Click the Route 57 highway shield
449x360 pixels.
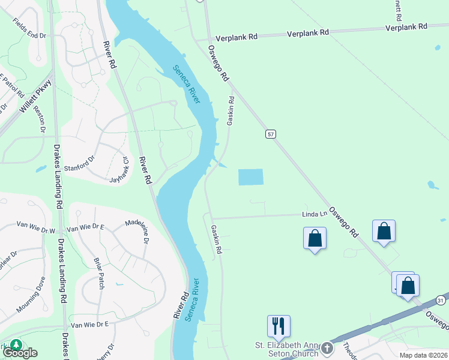pos(271,134)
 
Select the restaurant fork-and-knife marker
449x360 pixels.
pos(279,326)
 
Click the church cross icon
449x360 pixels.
pos(327,347)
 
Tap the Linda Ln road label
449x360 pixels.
pos(315,214)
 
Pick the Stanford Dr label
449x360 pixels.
pos(80,160)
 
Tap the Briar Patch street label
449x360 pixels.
pos(100,274)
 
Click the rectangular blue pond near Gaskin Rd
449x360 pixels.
pos(251,177)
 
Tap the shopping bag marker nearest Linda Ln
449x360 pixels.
pos(315,239)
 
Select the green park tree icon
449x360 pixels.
pos(16,344)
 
